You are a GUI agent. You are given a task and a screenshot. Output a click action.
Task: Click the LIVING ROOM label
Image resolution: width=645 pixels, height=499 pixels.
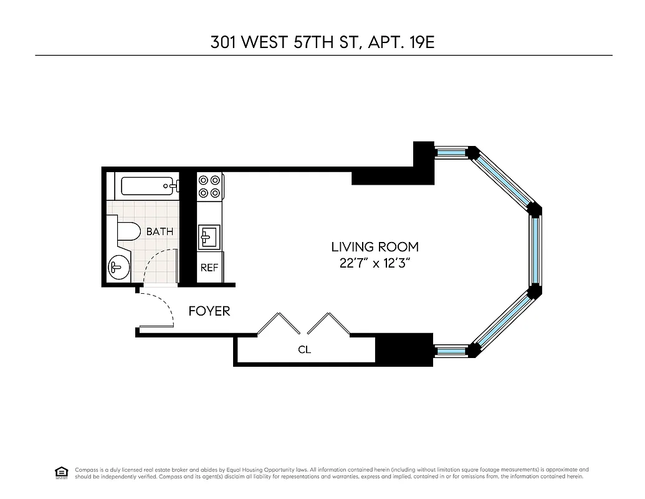point(375,247)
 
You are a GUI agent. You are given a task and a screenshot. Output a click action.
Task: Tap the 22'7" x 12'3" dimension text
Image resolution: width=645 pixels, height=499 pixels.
point(375,263)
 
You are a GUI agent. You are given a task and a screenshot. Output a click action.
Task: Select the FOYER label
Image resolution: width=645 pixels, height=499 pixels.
point(209,311)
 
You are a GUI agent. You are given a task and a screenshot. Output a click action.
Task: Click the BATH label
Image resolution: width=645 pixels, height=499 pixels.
point(160,231)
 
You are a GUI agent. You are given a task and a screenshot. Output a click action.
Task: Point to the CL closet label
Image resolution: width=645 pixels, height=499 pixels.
point(304,350)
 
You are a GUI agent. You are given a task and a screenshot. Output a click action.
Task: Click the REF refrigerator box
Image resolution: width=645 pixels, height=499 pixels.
point(209,268)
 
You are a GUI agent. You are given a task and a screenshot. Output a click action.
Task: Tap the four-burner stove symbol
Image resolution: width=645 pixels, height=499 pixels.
point(209,187)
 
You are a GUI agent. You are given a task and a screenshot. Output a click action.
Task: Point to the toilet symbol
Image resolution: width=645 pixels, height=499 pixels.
point(125,231)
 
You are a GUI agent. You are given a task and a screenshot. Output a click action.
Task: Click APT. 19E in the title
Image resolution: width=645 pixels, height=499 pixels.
point(406,43)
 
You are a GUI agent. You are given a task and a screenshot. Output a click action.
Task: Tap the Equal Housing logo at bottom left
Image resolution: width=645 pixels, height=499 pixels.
point(62,472)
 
